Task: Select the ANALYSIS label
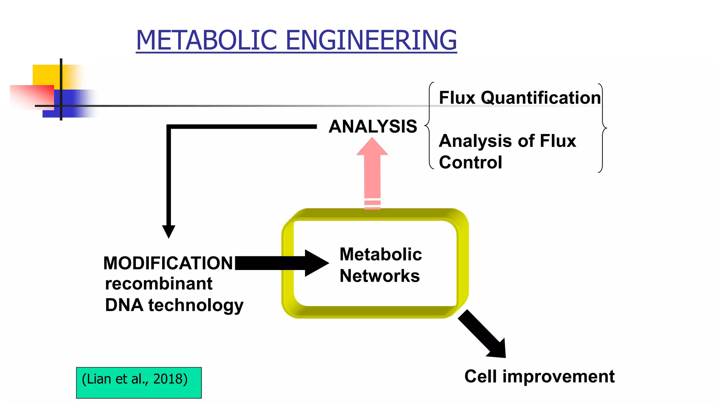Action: click(x=372, y=126)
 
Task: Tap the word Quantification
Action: click(x=541, y=98)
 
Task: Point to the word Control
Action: click(x=470, y=162)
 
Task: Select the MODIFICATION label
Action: click(x=168, y=263)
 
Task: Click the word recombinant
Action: click(x=159, y=283)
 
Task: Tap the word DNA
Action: click(x=124, y=305)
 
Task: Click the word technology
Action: click(x=196, y=305)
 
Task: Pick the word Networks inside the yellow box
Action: click(x=380, y=276)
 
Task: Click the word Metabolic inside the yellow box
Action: click(x=381, y=254)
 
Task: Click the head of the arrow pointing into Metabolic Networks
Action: click(x=316, y=263)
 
